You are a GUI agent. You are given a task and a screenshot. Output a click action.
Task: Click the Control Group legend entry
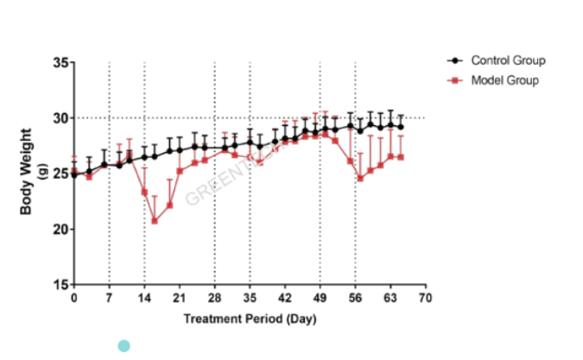point(508,60)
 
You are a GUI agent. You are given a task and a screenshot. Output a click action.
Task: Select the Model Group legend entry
point(504,80)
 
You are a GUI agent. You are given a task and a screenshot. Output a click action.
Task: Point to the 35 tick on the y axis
point(61,63)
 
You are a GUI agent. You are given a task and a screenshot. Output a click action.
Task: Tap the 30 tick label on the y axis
point(61,118)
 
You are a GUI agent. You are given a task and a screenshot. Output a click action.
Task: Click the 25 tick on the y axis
point(61,174)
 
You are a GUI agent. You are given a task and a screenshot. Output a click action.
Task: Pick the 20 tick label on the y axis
point(61,229)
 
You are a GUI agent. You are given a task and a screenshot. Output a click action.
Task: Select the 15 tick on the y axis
point(61,284)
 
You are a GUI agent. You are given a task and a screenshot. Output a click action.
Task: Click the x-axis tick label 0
point(74,299)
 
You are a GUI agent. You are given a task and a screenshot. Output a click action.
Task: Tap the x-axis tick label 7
point(109,299)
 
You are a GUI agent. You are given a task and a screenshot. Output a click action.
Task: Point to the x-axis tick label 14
point(144,299)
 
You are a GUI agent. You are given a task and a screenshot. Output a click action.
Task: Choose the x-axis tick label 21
point(180,299)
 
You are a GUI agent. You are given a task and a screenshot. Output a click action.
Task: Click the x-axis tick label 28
point(214,299)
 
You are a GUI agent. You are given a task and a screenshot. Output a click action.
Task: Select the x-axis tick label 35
point(250,299)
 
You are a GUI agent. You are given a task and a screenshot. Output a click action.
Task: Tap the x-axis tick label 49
point(320,299)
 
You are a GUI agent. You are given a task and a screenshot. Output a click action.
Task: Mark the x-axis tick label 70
point(425,299)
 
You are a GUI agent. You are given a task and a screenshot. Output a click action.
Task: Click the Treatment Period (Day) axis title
point(250,319)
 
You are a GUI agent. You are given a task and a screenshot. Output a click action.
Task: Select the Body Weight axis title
point(28,172)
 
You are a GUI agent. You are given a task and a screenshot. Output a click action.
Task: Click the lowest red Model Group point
point(155,221)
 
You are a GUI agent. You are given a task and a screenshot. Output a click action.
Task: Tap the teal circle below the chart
point(124,346)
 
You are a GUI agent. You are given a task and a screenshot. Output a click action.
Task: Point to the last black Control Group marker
point(401,126)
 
